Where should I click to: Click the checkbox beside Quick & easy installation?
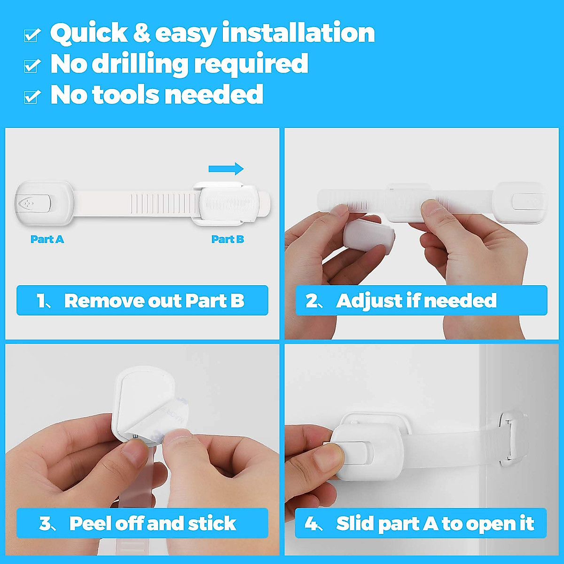31,35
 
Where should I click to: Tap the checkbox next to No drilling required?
31,66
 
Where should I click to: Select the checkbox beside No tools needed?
31,96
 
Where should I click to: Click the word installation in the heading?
298,33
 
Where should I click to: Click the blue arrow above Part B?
226,169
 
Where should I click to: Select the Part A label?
47,239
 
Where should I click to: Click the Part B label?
227,239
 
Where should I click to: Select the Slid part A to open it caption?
421,523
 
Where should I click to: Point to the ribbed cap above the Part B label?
229,204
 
